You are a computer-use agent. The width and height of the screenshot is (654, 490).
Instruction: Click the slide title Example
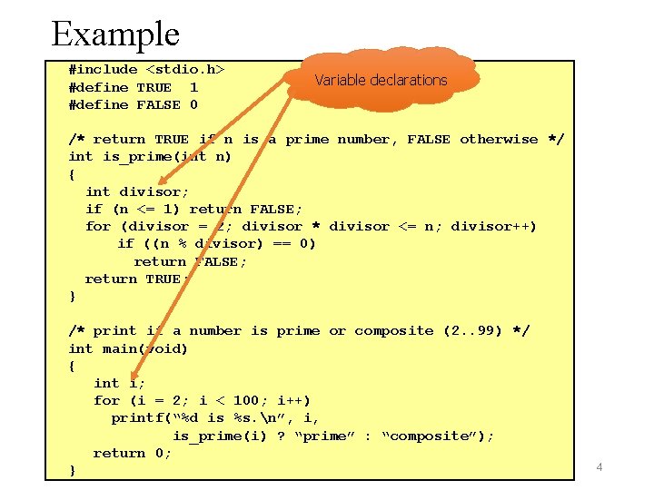coord(115,34)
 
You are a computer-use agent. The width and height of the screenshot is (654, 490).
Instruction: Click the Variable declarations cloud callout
coord(381,80)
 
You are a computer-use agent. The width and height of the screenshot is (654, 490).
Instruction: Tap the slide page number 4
coord(599,466)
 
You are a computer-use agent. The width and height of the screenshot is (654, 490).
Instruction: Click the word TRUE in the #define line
coord(154,87)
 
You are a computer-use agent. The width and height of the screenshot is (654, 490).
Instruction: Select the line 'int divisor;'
coord(137,191)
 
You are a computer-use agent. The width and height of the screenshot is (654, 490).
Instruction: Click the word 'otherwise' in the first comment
coord(499,139)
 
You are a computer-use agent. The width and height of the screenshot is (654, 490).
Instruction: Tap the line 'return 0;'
coord(132,454)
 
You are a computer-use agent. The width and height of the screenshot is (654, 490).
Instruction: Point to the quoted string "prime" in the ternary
coord(321,436)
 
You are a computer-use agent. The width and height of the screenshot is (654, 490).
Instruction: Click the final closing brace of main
coord(73,471)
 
